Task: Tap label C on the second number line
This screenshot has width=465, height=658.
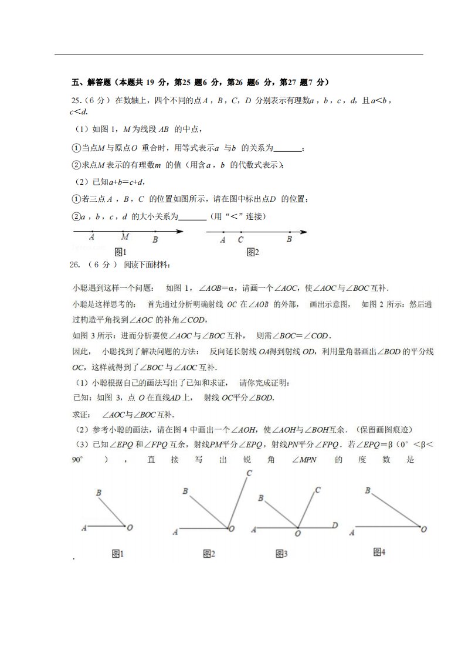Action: (x=241, y=240)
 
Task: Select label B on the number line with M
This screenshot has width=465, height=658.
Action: (x=155, y=240)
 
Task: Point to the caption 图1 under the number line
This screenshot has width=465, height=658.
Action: (x=120, y=252)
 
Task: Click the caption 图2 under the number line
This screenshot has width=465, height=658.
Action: (x=253, y=252)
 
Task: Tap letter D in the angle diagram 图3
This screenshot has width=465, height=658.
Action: (x=334, y=525)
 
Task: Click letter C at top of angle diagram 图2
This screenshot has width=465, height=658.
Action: (x=249, y=473)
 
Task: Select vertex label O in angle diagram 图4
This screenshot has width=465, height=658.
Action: (x=424, y=528)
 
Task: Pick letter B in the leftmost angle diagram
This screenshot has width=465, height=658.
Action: (x=99, y=493)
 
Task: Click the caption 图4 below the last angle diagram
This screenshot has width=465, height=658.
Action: (x=379, y=551)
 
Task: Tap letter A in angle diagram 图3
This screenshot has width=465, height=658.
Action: (x=253, y=530)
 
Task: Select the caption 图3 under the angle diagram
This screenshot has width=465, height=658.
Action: (x=281, y=553)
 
